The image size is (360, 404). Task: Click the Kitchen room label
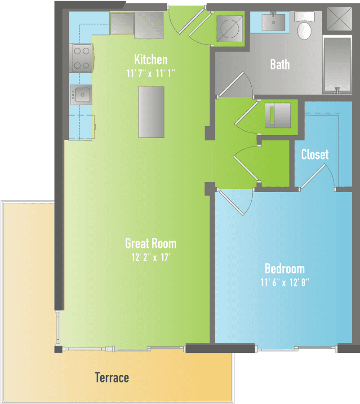click(x=151, y=60)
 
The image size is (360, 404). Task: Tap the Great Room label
click(x=151, y=243)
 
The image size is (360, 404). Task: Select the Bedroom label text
click(x=284, y=269)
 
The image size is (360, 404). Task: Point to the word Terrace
click(x=112, y=378)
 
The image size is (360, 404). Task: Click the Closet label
click(x=315, y=154)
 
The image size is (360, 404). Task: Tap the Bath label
click(x=280, y=64)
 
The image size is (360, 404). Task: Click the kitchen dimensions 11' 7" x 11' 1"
click(x=151, y=74)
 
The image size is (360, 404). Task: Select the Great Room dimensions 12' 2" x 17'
click(x=151, y=257)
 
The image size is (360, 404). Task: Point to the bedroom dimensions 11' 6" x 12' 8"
click(x=284, y=282)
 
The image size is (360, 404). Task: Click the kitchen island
click(x=151, y=112)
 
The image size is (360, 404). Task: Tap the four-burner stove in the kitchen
click(x=81, y=58)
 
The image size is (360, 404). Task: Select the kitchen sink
click(x=81, y=95)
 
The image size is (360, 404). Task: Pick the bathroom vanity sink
click(x=273, y=22)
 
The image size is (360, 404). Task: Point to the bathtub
click(x=338, y=64)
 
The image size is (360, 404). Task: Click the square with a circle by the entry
click(x=230, y=29)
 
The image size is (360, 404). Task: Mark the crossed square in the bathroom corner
click(x=339, y=18)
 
